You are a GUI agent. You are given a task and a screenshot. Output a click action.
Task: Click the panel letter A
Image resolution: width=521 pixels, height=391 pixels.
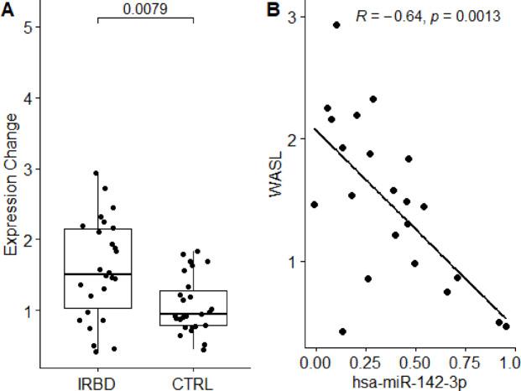click(x=7, y=9)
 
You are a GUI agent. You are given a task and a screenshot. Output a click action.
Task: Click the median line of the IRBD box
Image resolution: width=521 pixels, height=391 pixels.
click(x=97, y=274)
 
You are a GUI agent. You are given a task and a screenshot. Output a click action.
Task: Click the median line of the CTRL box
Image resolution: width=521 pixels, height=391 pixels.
click(x=193, y=313)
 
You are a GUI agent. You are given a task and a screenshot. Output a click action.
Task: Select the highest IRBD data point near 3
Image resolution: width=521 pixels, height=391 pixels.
click(x=96, y=174)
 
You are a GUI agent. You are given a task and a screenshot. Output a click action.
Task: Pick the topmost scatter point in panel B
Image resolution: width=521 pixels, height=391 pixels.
click(x=336, y=25)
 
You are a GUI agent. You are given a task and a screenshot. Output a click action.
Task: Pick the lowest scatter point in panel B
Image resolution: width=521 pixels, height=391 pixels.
click(x=342, y=331)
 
